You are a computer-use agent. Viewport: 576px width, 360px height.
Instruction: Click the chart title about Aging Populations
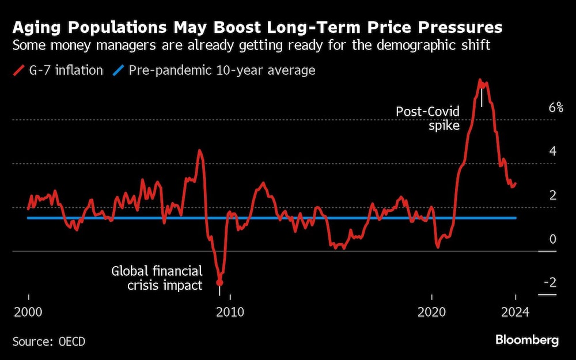tap(257, 27)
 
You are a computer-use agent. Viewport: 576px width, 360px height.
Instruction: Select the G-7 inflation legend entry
tap(58, 70)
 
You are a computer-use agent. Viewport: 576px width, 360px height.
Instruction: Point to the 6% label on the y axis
tap(555, 107)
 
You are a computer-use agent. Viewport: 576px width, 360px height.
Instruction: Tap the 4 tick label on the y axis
tap(552, 151)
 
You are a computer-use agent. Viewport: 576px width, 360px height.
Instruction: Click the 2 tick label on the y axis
tap(552, 195)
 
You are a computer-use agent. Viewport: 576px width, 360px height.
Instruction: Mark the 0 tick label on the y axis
tap(552, 238)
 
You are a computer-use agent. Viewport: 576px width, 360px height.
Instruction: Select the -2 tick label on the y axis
tap(550, 282)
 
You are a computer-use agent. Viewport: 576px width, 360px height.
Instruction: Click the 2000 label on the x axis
tap(28, 312)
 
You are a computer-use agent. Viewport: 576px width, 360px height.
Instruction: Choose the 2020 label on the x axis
tap(431, 312)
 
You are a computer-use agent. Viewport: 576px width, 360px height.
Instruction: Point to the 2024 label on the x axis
tap(516, 312)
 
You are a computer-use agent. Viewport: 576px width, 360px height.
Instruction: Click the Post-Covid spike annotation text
tap(427, 118)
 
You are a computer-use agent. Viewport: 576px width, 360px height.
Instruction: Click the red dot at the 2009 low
tap(219, 282)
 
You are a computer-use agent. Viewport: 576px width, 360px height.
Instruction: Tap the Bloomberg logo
tap(526, 340)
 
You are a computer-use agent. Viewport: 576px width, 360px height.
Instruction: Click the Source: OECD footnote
tap(49, 342)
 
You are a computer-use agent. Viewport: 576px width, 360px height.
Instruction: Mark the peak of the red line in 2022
tap(480, 81)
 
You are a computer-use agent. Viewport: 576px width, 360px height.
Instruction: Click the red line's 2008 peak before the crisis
tap(199, 151)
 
